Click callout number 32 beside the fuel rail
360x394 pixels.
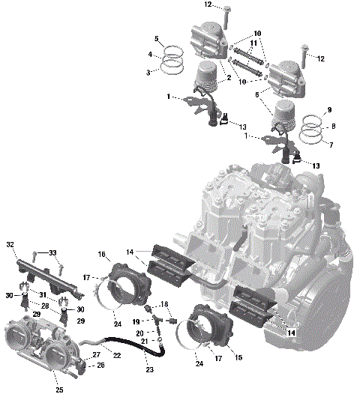[x=10, y=245]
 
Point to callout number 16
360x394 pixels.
[x=100, y=254]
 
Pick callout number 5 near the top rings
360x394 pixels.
[x=156, y=38]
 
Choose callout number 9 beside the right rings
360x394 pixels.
[x=328, y=111]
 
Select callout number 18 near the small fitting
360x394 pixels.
[x=166, y=306]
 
